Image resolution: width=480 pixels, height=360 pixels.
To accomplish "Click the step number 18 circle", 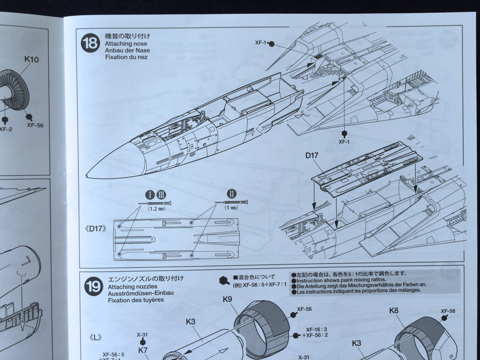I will tap(90, 43).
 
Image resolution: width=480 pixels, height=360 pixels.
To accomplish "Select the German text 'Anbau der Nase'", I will tap(124, 50).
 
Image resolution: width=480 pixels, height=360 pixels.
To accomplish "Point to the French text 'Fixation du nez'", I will tap(126, 57).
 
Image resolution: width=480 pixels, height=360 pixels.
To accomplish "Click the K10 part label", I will tap(31, 60).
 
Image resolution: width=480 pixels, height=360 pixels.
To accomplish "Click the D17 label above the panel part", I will tap(313, 156).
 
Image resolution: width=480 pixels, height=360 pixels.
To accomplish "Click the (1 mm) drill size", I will tap(231, 208).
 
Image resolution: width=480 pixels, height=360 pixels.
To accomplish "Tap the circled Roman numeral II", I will tap(232, 194).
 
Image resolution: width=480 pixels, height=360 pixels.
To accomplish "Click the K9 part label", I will tap(228, 299).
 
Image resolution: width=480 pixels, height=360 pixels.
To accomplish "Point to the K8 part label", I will tap(394, 310).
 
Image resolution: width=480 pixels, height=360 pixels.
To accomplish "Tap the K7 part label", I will tap(142, 350).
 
